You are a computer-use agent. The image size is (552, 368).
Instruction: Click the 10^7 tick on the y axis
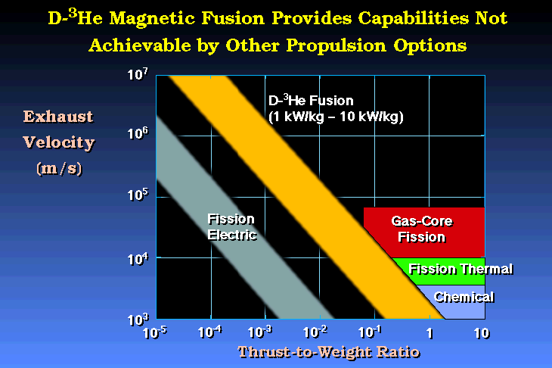138,74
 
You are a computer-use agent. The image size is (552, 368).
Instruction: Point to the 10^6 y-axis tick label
138,133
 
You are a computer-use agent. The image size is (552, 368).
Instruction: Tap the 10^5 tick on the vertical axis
138,194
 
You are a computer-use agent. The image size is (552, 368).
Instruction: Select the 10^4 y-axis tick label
138,259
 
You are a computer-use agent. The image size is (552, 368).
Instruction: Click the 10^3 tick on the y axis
138,320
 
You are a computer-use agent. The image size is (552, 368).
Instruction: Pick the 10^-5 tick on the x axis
155,332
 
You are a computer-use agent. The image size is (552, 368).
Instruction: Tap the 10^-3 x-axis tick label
260,332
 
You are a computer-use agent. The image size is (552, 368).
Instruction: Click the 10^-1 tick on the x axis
370,332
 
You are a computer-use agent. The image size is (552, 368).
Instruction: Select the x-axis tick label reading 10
482,333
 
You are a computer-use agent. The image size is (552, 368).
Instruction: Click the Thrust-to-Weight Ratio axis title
329,352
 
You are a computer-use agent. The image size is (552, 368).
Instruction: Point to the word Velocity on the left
59,143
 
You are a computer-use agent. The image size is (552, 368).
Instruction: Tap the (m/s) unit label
59,169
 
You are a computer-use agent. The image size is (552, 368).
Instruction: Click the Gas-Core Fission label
422,229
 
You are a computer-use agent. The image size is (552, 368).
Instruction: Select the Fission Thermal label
461,270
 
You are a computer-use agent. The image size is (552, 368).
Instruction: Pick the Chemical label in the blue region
464,297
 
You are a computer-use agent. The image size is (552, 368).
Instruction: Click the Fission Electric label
231,227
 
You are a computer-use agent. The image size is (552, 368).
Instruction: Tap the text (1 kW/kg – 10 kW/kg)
336,117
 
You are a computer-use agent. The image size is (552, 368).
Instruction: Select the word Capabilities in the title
414,18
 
